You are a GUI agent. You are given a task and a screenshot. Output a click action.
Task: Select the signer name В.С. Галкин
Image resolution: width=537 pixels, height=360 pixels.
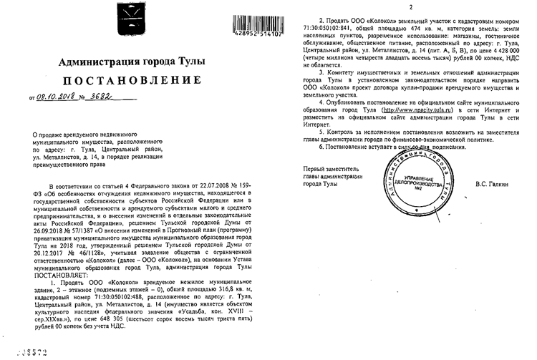[493, 185]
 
